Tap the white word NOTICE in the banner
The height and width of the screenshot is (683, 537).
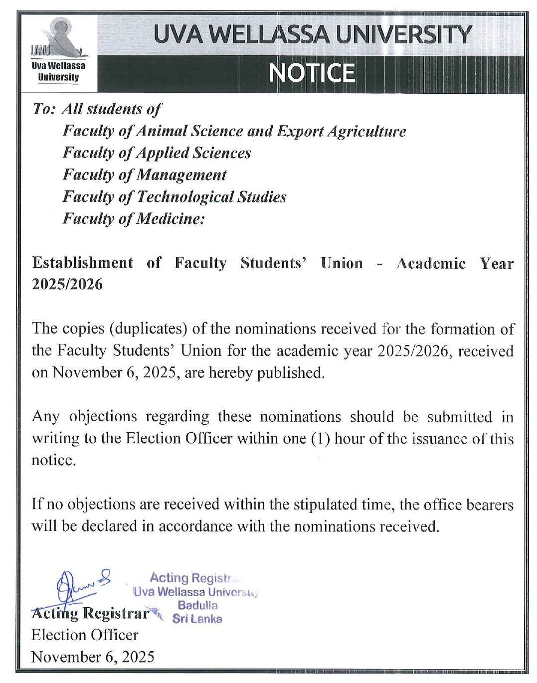pyautogui.click(x=312, y=73)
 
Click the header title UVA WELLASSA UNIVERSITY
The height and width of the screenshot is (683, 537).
pyautogui.click(x=312, y=34)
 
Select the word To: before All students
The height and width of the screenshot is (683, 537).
pyautogui.click(x=44, y=109)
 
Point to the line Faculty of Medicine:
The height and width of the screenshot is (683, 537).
pyautogui.click(x=134, y=218)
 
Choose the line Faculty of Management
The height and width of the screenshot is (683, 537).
pyautogui.click(x=145, y=174)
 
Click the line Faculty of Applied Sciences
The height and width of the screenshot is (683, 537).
pyautogui.click(x=157, y=153)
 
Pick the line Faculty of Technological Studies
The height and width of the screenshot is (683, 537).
pyautogui.click(x=175, y=196)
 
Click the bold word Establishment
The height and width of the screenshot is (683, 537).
pyautogui.click(x=83, y=263)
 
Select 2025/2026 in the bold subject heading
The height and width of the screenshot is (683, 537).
pyautogui.click(x=67, y=284)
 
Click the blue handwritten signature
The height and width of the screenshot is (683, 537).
pyautogui.click(x=80, y=584)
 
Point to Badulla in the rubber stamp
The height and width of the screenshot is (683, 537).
pyautogui.click(x=197, y=605)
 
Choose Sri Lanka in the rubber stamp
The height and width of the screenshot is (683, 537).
pyautogui.click(x=197, y=619)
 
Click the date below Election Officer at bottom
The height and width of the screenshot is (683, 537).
pyautogui.click(x=93, y=657)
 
